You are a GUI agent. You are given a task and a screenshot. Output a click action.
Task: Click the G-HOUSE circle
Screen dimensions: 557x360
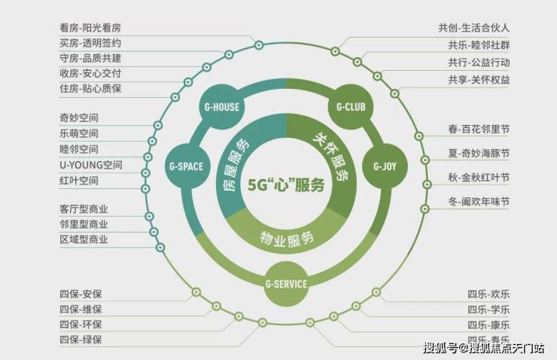point(222,107)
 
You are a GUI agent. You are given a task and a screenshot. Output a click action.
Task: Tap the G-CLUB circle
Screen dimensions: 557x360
point(351,107)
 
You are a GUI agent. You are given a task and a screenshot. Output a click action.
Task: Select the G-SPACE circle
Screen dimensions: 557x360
point(187,166)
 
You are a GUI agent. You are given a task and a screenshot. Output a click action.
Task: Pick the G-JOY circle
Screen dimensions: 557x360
point(385,166)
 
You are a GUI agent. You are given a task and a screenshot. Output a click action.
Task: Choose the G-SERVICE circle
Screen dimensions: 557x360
point(286,284)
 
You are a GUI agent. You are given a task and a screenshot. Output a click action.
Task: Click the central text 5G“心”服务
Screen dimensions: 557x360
point(286,185)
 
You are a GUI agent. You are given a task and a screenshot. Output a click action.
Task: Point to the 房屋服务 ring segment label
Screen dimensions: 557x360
point(235,164)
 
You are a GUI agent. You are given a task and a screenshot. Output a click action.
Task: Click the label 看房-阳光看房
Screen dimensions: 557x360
point(90,28)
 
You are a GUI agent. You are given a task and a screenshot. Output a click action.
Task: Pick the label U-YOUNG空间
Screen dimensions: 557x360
point(91,165)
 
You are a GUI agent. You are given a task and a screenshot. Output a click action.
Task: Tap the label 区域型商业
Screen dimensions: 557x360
point(84,239)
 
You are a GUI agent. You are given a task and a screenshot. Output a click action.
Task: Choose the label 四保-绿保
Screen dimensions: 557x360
point(81,340)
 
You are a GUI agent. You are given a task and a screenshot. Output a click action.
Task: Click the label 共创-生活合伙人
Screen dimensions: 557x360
point(474,28)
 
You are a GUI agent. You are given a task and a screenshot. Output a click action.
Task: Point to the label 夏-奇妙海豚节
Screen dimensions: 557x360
point(479,154)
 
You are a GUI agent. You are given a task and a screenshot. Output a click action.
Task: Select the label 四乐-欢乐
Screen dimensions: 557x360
point(489,294)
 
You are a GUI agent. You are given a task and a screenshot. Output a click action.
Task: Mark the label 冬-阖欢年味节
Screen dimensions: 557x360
point(479,202)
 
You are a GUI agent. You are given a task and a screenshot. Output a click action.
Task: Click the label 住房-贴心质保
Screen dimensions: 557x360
point(90,88)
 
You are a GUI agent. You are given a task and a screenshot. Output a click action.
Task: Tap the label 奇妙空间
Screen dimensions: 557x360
point(79,117)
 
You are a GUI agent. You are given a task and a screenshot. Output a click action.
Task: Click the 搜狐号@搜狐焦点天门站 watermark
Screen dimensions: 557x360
point(484,348)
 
